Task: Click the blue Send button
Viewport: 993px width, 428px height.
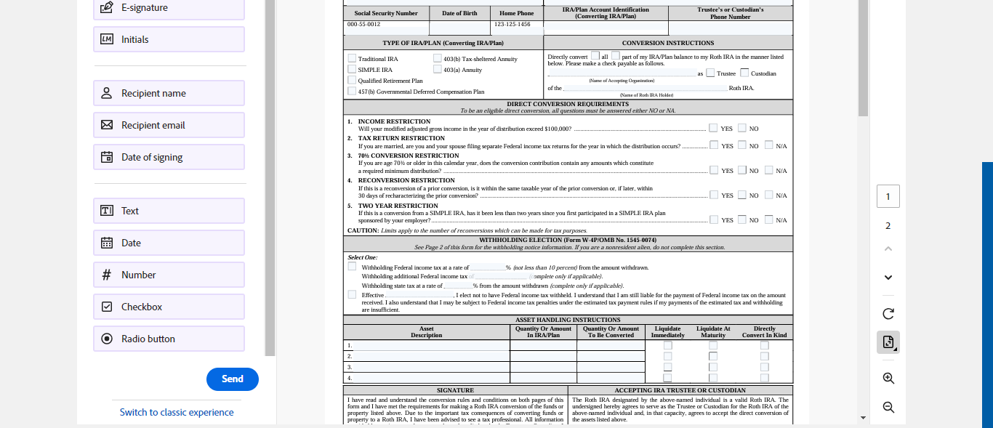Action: (x=232, y=379)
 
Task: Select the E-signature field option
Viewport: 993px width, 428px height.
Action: (x=169, y=8)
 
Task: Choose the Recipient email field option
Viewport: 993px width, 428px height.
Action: (x=169, y=125)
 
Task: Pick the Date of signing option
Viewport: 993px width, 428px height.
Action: (x=169, y=157)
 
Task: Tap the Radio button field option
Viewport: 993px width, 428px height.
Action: (x=169, y=339)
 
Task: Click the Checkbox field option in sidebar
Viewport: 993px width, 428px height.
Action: (x=169, y=307)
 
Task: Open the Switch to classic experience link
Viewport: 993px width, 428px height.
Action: (x=177, y=412)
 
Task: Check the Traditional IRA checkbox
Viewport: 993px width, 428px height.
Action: (x=353, y=59)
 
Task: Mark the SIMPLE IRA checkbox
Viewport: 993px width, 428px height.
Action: (x=353, y=70)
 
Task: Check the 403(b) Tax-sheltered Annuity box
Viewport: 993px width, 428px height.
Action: (x=438, y=59)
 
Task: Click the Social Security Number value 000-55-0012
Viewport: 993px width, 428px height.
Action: (x=363, y=25)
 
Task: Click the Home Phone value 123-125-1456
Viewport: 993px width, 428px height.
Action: (x=512, y=25)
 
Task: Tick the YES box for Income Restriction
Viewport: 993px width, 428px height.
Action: (x=713, y=128)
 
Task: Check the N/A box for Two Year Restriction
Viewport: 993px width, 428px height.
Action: (x=768, y=219)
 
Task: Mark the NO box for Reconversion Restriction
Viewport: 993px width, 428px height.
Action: (x=742, y=195)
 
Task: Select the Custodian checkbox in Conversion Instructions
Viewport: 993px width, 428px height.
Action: (x=744, y=73)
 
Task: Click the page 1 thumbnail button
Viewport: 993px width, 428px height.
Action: (x=888, y=196)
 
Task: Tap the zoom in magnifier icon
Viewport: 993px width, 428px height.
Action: (x=888, y=378)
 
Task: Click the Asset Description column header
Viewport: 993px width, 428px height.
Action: (x=426, y=332)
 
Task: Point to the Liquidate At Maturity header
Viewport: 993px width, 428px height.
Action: (x=713, y=332)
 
